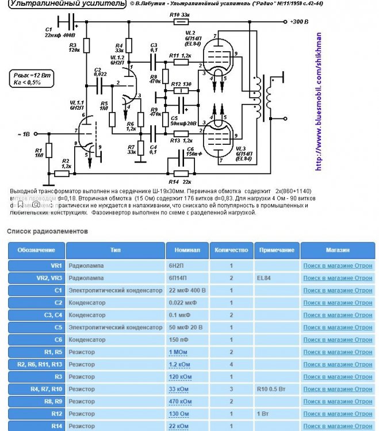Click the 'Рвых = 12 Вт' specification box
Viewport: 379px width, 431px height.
pyautogui.click(x=33, y=78)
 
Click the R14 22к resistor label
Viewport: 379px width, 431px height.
pyautogui.click(x=180, y=182)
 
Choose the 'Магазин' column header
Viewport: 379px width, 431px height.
pyautogui.click(x=337, y=250)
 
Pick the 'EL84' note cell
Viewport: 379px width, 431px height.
pyautogui.click(x=266, y=278)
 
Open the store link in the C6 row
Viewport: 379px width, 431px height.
pyautogui.click(x=338, y=340)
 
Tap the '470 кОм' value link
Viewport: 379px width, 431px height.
pyautogui.click(x=180, y=402)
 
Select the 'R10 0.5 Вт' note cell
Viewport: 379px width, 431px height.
pyautogui.click(x=277, y=389)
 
